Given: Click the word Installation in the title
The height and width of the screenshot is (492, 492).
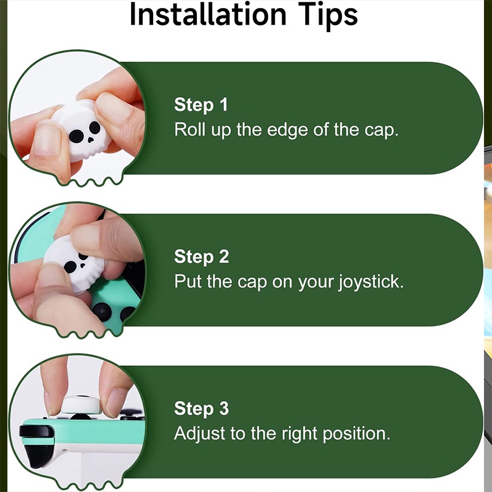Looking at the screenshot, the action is [x=208, y=14].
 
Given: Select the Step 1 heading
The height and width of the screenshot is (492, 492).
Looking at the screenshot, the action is [x=201, y=105].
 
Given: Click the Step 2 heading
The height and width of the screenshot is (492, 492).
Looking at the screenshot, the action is [x=202, y=256].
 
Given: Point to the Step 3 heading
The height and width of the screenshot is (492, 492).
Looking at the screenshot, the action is [x=202, y=408].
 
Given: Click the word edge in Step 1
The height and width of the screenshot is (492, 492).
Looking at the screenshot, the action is [x=287, y=130].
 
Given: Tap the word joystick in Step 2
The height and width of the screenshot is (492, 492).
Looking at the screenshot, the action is [x=371, y=282].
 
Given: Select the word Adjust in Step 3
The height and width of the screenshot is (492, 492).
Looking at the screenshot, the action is [x=199, y=434].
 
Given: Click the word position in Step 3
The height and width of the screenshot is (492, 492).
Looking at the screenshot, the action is [x=357, y=434].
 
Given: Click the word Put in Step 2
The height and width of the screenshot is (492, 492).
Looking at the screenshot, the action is [x=188, y=281].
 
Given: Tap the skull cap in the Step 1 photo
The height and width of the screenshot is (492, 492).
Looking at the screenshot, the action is [x=82, y=130].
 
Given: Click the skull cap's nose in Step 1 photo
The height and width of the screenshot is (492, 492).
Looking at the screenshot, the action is [x=90, y=140].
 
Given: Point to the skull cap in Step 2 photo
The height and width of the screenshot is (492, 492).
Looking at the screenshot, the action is [x=74, y=264].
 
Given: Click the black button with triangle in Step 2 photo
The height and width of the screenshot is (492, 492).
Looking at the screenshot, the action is [x=101, y=312].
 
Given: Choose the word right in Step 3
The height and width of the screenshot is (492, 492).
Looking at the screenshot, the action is [x=300, y=434].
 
